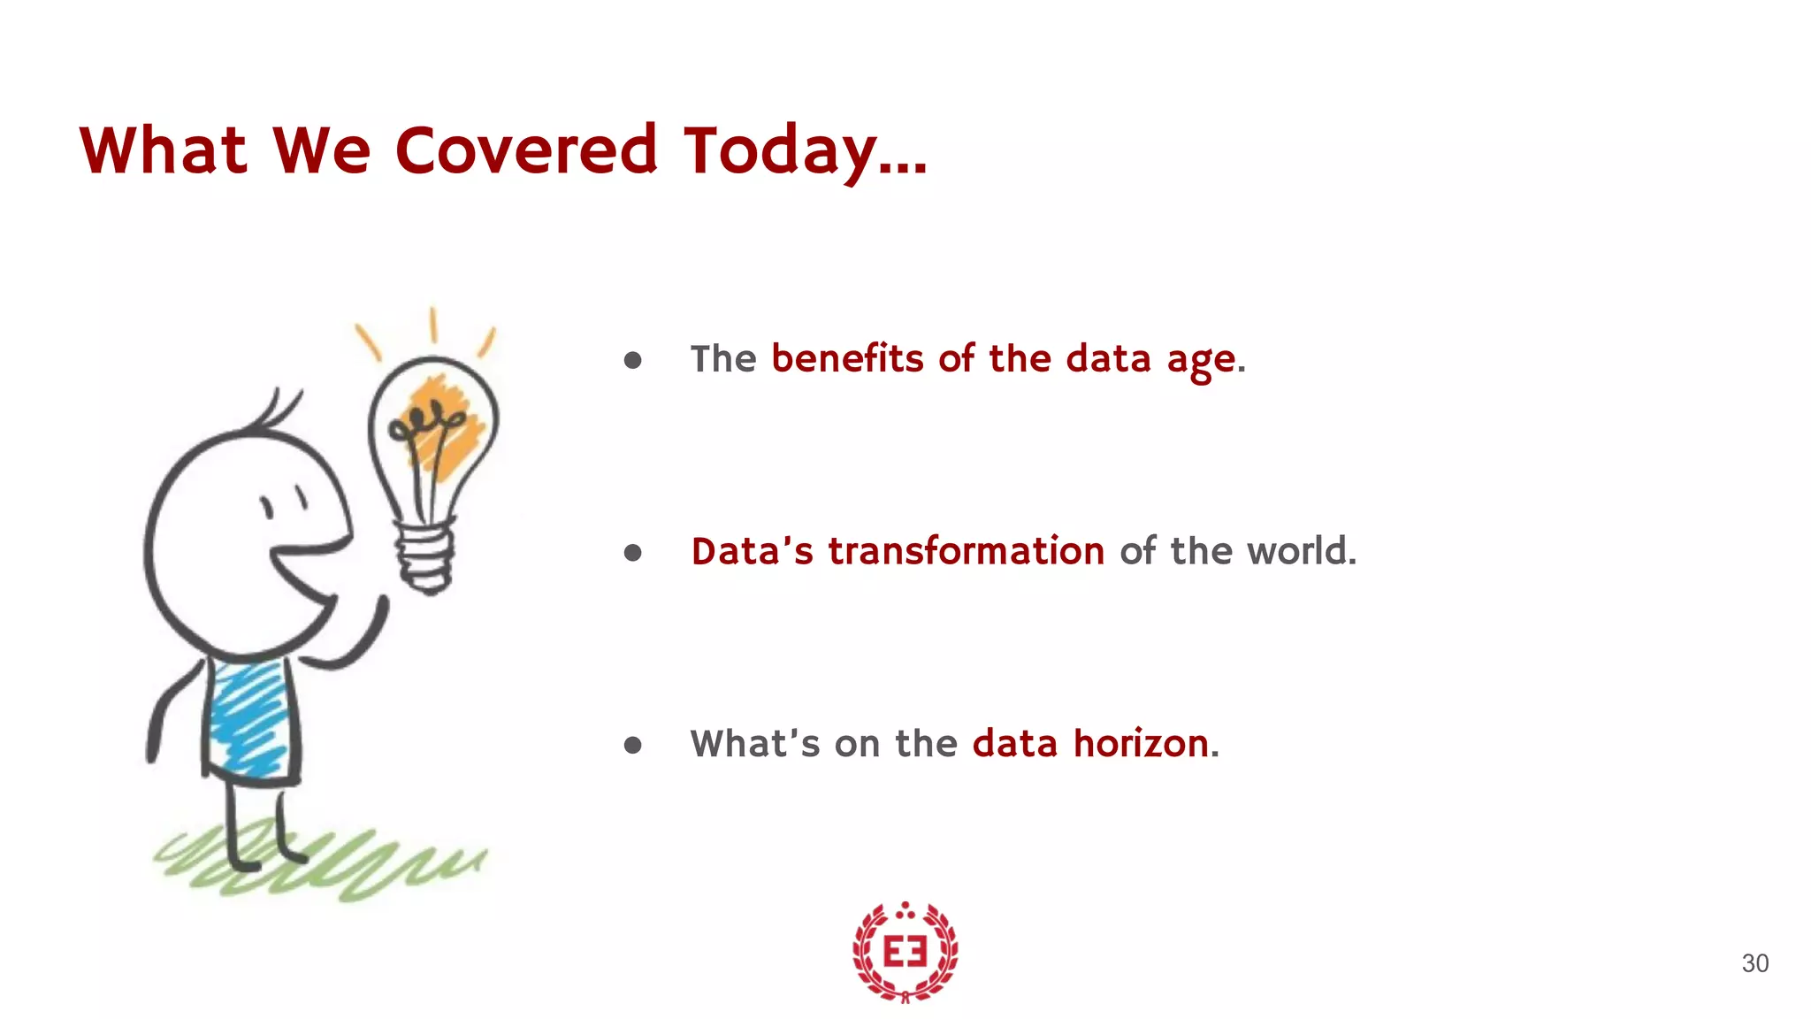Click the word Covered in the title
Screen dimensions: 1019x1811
point(525,150)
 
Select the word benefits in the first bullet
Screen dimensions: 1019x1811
point(847,359)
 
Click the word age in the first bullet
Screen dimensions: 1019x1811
point(1201,361)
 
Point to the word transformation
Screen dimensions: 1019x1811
point(966,551)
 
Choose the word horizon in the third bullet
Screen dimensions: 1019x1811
point(1141,743)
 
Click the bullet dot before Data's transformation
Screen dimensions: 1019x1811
point(632,554)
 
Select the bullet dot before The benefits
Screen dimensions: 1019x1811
point(632,360)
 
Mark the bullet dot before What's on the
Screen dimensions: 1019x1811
point(632,746)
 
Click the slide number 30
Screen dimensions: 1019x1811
point(1754,963)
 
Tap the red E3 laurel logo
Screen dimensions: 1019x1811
point(905,952)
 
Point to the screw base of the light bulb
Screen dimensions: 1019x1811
point(426,557)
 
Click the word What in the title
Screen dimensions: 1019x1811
point(163,150)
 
